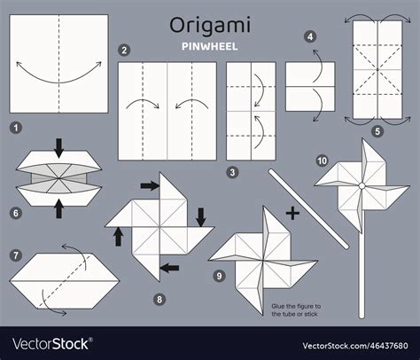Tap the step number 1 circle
15,128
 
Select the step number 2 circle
124,51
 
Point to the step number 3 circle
232,172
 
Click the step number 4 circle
309,37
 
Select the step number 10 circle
323,159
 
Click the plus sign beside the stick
293,213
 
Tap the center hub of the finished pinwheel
361,185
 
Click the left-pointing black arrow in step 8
168,266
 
